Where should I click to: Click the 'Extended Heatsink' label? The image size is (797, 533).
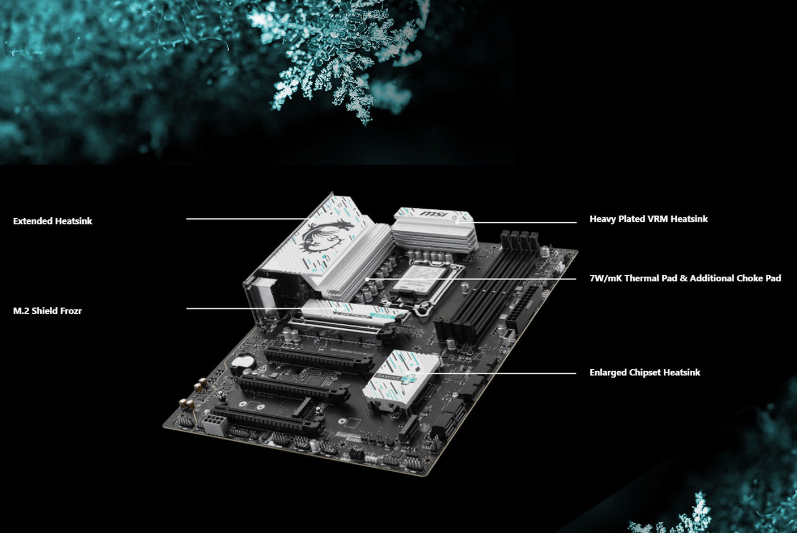tap(52, 221)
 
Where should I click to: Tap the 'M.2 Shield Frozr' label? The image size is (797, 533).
tap(47, 311)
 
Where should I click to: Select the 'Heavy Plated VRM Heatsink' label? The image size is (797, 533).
tap(648, 219)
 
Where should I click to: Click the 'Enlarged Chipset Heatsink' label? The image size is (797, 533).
tap(645, 373)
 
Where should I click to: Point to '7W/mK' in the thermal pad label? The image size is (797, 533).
tap(605, 278)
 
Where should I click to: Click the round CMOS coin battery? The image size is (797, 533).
tap(245, 362)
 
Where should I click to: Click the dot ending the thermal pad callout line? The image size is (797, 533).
tap(368, 278)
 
